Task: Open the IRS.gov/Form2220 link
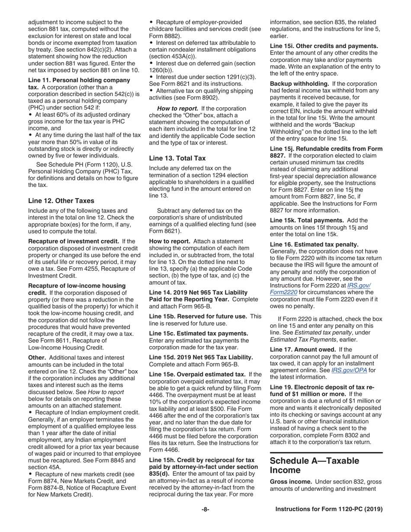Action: tap(320, 288)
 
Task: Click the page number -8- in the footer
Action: tap(205, 510)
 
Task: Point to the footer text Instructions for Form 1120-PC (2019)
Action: tap(329, 510)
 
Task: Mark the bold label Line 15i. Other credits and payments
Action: tap(324, 46)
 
